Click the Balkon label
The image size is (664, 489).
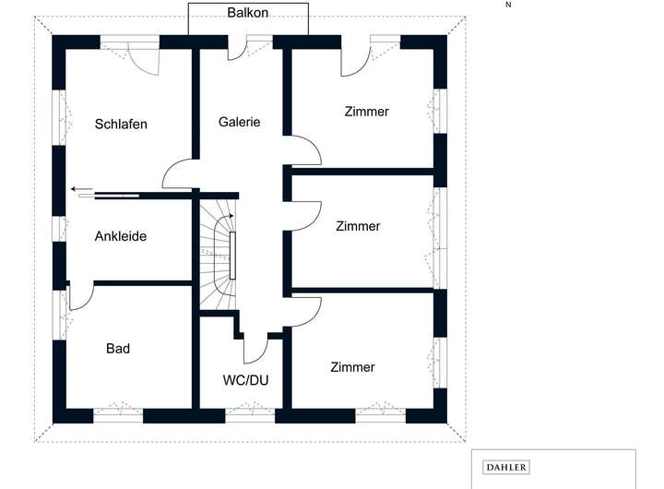(x=248, y=13)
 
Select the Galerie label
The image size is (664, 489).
(x=239, y=121)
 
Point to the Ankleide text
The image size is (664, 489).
(x=121, y=236)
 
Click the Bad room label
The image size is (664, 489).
(x=118, y=348)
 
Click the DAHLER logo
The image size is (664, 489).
(x=506, y=468)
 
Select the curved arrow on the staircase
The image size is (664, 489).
(x=227, y=220)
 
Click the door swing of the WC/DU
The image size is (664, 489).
(x=255, y=350)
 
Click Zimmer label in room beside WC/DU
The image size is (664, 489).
(x=352, y=367)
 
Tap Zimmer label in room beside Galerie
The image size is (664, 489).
(x=367, y=112)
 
